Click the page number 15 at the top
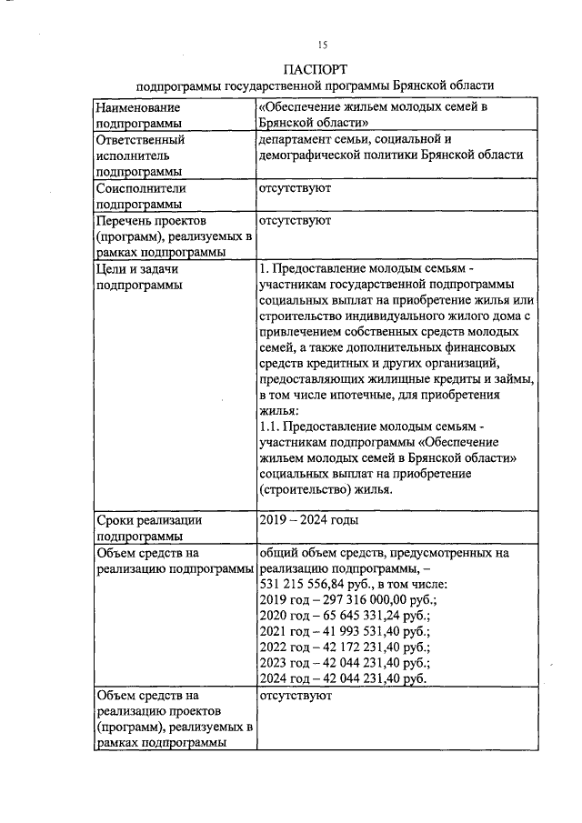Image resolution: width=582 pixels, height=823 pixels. click(321, 45)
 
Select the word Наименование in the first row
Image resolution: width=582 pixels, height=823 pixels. click(135, 107)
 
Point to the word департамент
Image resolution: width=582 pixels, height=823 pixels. click(298, 140)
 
